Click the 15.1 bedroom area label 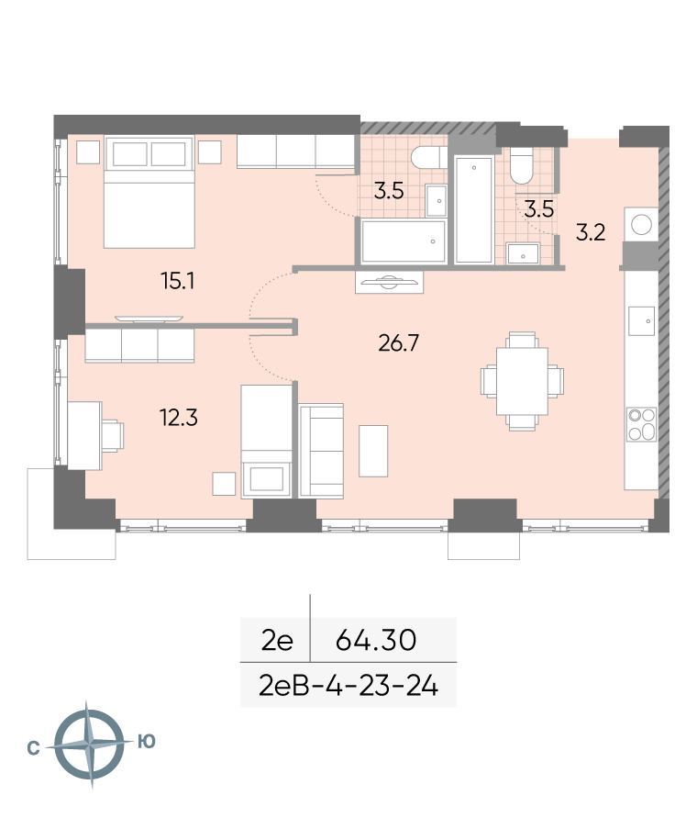[x=178, y=282]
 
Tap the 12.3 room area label [x=178, y=418]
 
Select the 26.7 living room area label [x=398, y=343]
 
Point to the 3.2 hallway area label [x=591, y=232]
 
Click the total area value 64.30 [x=376, y=640]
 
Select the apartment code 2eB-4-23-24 [x=348, y=686]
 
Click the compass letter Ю [x=147, y=741]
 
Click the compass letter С [x=33, y=748]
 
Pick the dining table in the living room [x=522, y=381]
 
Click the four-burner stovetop [x=641, y=423]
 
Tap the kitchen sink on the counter [x=641, y=320]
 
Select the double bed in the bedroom [x=149, y=192]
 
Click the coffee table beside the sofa [x=373, y=451]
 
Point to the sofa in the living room [x=321, y=451]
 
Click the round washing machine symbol [x=641, y=224]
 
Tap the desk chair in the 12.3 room [x=113, y=435]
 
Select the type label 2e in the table [x=277, y=640]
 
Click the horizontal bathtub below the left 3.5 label [x=403, y=241]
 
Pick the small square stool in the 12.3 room [x=224, y=484]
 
